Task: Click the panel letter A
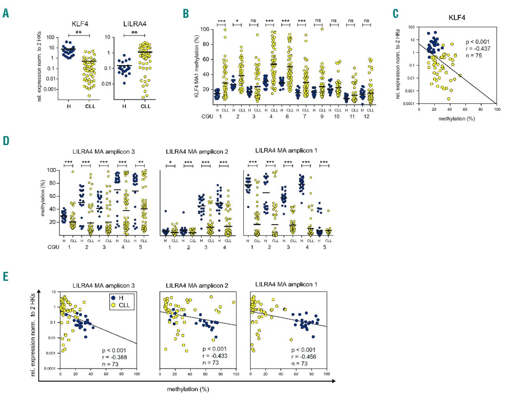6,13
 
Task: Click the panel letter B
186,13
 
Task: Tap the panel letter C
396,14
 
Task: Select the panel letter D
6,141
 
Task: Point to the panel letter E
6,276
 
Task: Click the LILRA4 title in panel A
135,24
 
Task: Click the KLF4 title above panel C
457,18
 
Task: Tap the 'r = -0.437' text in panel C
478,49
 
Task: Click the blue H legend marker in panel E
114,298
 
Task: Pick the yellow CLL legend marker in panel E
114,305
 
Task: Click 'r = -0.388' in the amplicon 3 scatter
114,357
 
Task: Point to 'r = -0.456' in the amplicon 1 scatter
304,357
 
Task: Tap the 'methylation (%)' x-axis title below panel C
456,118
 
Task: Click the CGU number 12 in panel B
367,116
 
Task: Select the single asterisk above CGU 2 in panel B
237,21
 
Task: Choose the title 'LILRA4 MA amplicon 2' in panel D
197,151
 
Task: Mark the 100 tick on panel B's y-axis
204,29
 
